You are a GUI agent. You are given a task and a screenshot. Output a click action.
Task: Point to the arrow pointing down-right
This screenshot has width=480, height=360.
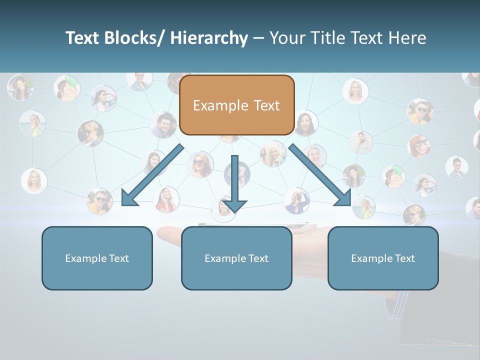pyautogui.click(x=320, y=175)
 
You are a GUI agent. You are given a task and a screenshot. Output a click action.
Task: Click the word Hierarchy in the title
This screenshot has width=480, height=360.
pyautogui.click(x=209, y=38)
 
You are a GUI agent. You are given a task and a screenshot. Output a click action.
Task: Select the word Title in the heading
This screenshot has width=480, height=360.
pyautogui.click(x=328, y=38)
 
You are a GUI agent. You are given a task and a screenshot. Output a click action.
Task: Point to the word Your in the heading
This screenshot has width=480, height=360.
pyautogui.click(x=287, y=38)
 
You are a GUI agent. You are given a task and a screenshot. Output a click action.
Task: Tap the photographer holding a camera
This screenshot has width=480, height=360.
pyautogui.click(x=297, y=199)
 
